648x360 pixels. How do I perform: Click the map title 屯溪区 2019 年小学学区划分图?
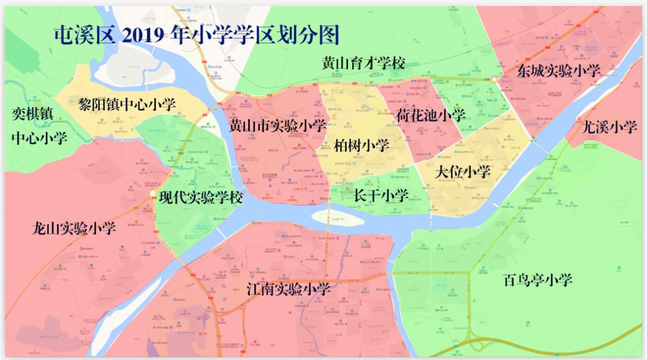(x=196, y=35)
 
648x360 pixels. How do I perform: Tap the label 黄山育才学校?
(x=363, y=63)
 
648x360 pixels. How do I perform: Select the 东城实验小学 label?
(x=558, y=71)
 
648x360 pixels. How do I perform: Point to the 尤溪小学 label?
(x=610, y=127)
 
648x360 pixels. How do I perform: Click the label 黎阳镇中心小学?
(x=128, y=104)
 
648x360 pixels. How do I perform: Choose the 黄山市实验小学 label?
(x=277, y=125)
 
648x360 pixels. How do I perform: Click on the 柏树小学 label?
(x=362, y=145)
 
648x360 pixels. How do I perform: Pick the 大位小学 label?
(x=463, y=172)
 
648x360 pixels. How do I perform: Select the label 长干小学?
(x=381, y=195)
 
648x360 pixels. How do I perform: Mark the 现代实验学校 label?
(x=201, y=197)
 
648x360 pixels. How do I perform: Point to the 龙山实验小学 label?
(x=74, y=228)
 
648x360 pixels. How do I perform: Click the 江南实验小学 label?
(x=289, y=289)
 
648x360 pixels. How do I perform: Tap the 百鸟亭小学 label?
(x=538, y=279)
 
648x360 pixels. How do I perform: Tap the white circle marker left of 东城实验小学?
(x=494, y=79)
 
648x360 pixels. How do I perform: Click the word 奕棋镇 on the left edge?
(x=33, y=113)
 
